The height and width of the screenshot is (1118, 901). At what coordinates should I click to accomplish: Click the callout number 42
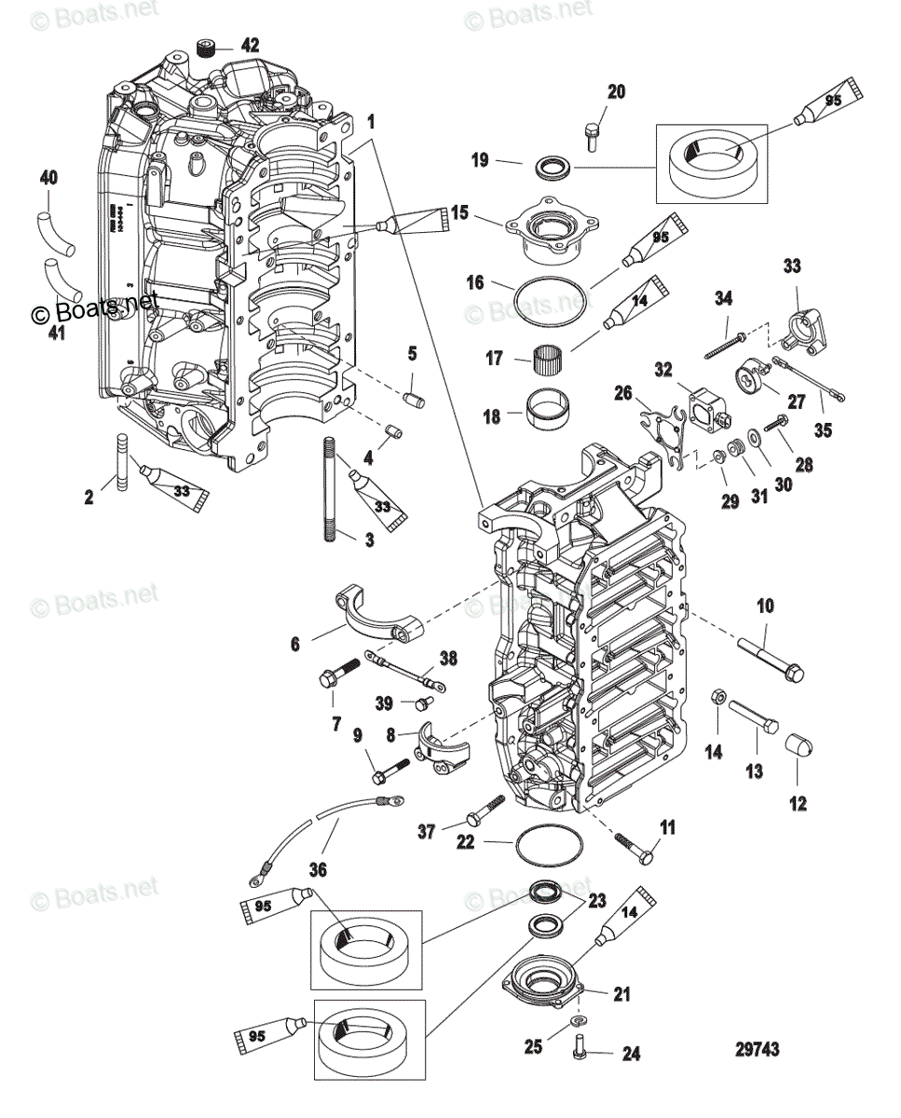tap(225, 45)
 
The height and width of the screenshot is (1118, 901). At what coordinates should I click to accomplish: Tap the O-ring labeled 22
tap(550, 844)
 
